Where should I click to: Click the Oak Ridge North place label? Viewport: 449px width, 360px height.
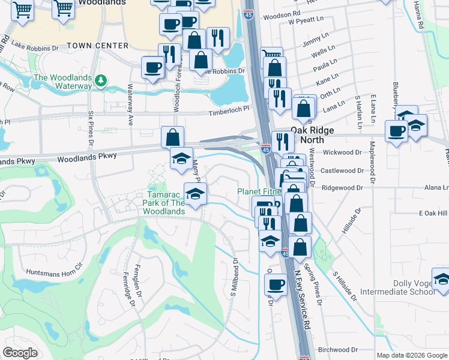pyautogui.click(x=316, y=134)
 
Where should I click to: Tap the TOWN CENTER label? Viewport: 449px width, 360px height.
pyautogui.click(x=97, y=46)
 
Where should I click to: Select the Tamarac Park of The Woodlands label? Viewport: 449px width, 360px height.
pyautogui.click(x=159, y=204)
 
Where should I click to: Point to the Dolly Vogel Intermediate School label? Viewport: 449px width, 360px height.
pyautogui.click(x=397, y=287)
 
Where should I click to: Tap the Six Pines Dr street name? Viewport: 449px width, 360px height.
pyautogui.click(x=91, y=130)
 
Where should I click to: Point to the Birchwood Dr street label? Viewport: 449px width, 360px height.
pyautogui.click(x=338, y=349)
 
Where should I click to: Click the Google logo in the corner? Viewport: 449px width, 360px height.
pyautogui.click(x=20, y=353)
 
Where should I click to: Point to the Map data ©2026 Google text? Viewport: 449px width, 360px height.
pyautogui.click(x=412, y=355)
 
